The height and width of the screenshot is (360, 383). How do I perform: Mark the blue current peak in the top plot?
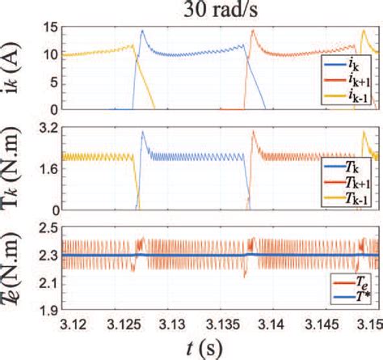pos(142,31)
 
